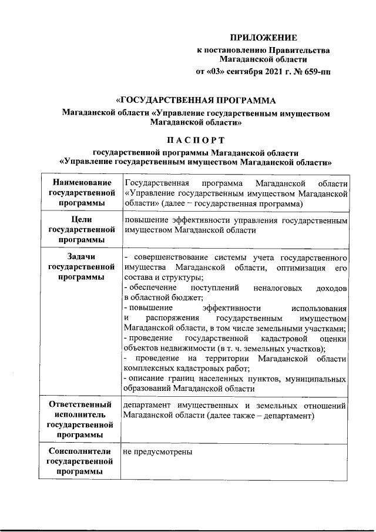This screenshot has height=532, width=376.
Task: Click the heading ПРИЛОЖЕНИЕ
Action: point(263,38)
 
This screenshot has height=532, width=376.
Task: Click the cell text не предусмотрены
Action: point(158,451)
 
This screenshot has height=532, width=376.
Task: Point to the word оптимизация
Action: point(302,268)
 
